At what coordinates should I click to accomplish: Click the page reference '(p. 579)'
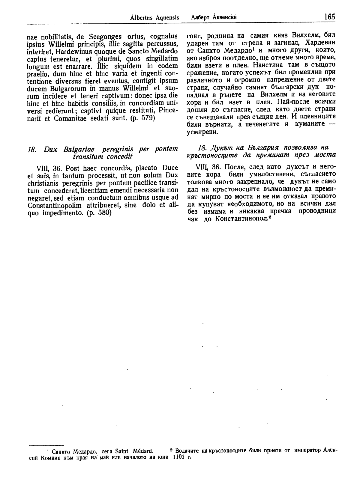coord(141,118)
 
